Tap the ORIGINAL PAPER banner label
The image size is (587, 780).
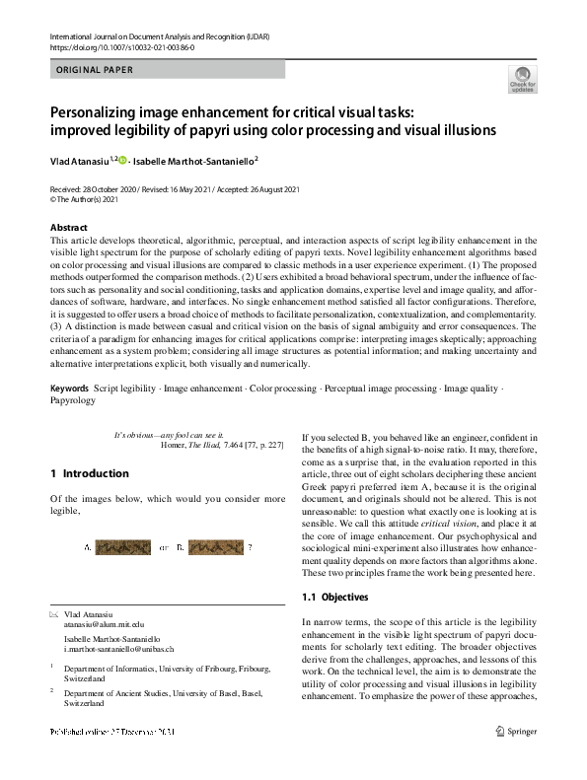pyautogui.click(x=93, y=69)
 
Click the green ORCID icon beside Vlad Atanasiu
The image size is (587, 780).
pyautogui.click(x=124, y=159)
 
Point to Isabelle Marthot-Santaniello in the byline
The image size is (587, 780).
pyautogui.click(x=196, y=160)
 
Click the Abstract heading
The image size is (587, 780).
pyautogui.click(x=68, y=228)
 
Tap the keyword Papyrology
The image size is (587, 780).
pyautogui.click(x=73, y=401)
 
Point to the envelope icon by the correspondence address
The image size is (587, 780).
pyautogui.click(x=54, y=613)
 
